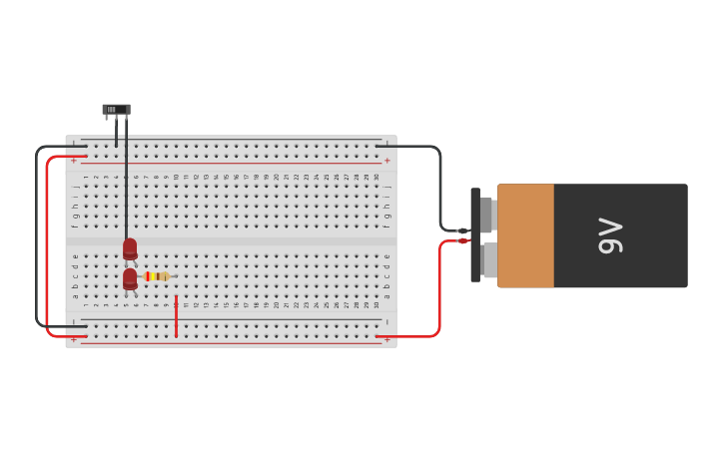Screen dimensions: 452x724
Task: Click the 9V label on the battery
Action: click(610, 235)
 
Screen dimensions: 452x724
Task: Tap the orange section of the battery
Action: click(525, 235)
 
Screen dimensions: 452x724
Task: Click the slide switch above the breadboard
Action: click(116, 110)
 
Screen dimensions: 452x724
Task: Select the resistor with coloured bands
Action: click(157, 276)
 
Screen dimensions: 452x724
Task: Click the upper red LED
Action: click(130, 247)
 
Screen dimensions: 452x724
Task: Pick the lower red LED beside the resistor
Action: click(130, 278)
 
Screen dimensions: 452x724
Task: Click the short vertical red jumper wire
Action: click(176, 315)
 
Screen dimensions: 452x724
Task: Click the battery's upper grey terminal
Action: click(487, 215)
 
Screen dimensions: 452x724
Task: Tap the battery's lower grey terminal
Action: click(488, 260)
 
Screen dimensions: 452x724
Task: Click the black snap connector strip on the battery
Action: click(475, 235)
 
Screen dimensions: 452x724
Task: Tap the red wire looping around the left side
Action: click(47, 249)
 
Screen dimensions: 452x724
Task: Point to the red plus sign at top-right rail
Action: click(387, 160)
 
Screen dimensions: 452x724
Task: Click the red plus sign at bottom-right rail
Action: click(387, 340)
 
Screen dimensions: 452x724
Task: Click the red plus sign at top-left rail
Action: click(73, 160)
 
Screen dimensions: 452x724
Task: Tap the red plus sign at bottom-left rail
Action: click(73, 340)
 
